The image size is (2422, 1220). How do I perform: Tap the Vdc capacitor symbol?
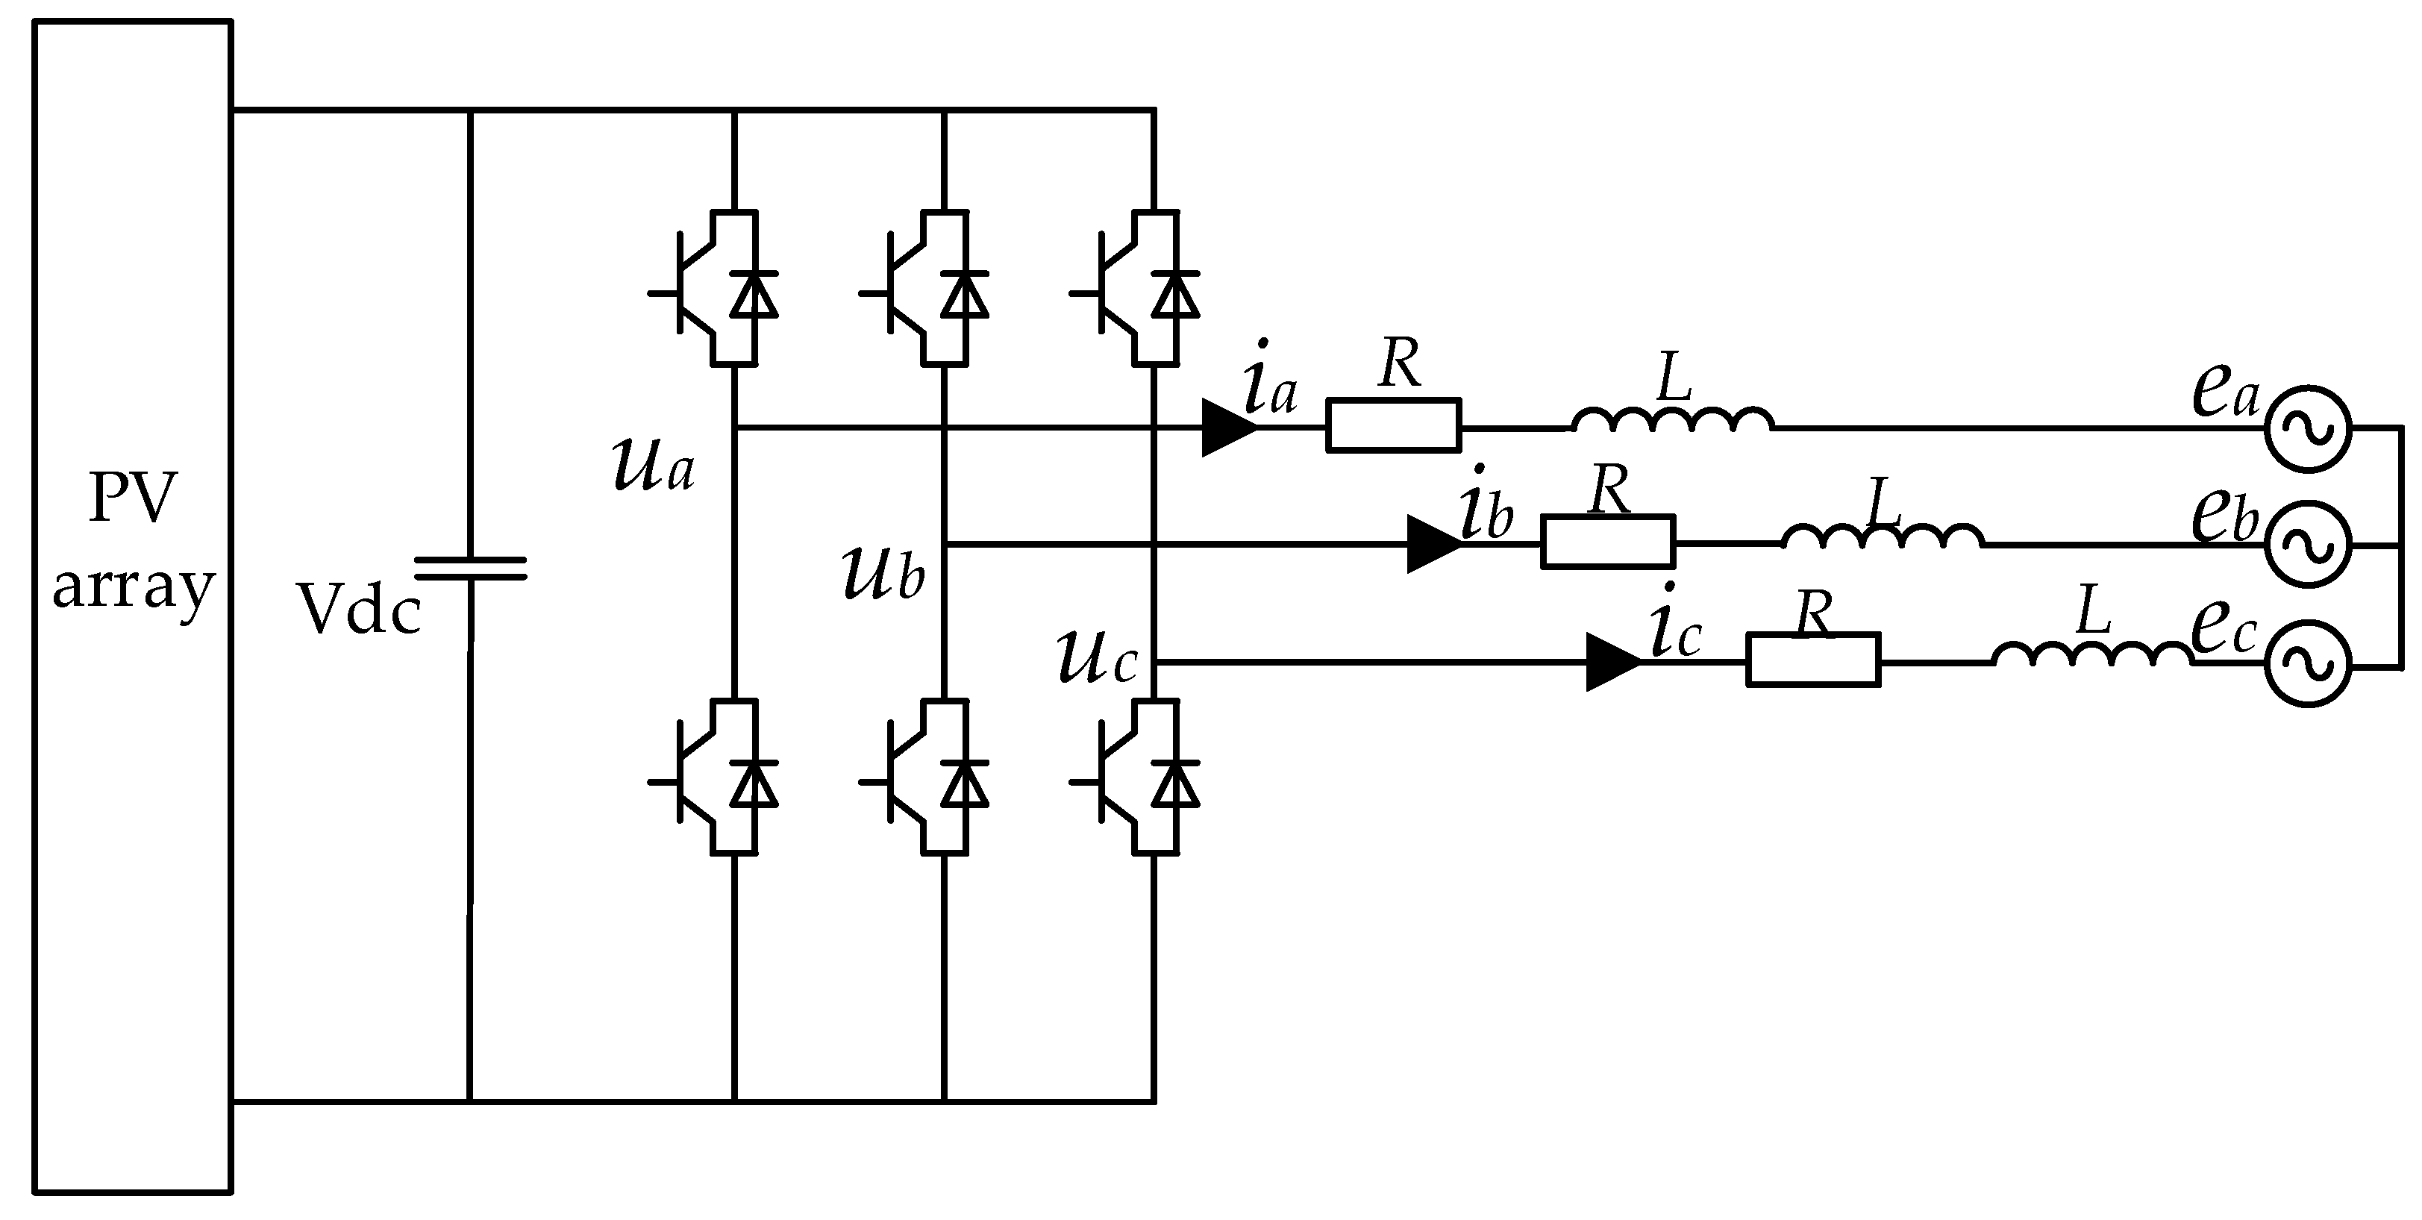tap(470, 568)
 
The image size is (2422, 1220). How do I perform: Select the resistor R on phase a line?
tap(1392, 426)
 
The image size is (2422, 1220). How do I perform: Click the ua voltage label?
tap(654, 466)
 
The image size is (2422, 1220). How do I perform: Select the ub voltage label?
tap(883, 573)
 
